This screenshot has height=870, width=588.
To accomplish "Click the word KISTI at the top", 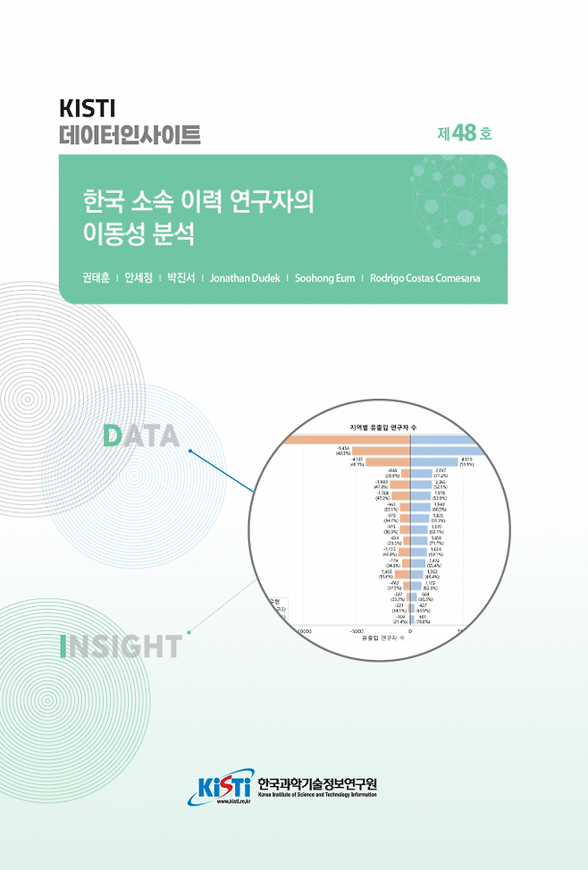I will pyautogui.click(x=88, y=109).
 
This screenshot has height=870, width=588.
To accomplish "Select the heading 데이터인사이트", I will pyautogui.click(x=130, y=136).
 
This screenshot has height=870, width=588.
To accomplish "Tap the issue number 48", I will pyautogui.click(x=464, y=133).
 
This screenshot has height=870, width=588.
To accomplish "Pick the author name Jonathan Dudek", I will pyautogui.click(x=246, y=278).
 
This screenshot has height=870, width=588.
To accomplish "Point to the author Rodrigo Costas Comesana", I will pyautogui.click(x=424, y=278).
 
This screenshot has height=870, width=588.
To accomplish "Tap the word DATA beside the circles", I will pyautogui.click(x=141, y=436).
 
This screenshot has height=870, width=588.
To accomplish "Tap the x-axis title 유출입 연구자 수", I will pyautogui.click(x=382, y=638).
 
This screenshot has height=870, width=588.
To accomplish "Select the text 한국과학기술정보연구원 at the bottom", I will pyautogui.click(x=316, y=783).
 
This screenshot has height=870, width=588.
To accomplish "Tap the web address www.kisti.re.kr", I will pyautogui.click(x=233, y=801).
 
